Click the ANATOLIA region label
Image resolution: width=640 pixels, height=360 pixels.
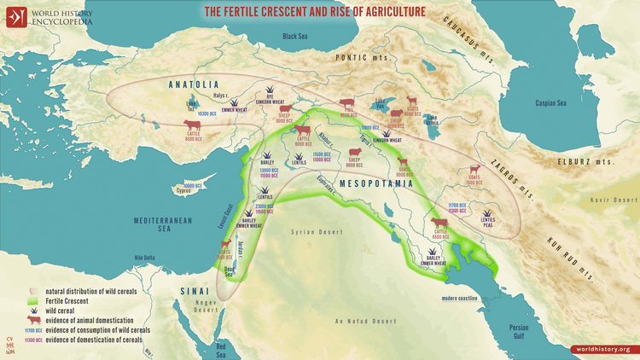(195, 84)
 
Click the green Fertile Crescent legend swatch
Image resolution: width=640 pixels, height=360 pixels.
(34, 301)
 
